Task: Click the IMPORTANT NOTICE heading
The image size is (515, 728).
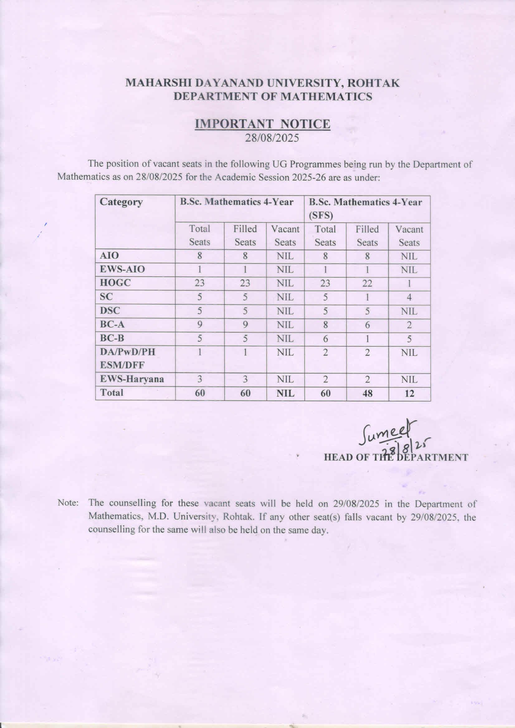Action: [x=262, y=124]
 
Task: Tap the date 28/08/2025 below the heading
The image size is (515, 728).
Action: [x=272, y=138]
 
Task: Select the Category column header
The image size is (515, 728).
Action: [x=121, y=202]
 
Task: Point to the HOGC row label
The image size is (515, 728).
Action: [x=115, y=283]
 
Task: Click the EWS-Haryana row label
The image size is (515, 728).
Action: [x=132, y=379]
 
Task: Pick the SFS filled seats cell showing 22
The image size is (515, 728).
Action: [x=367, y=283]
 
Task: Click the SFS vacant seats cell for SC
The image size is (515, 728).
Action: [x=409, y=297]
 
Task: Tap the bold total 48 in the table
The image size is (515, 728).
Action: [x=367, y=393]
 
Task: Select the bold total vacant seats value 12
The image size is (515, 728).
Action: [x=409, y=393]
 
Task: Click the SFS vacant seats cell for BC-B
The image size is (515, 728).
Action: [x=409, y=339]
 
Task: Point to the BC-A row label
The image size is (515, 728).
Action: [x=112, y=325]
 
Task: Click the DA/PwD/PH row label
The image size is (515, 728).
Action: [x=127, y=352]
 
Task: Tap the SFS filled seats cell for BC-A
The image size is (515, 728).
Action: [x=367, y=325]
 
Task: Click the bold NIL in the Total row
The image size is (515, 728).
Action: [x=285, y=393]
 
